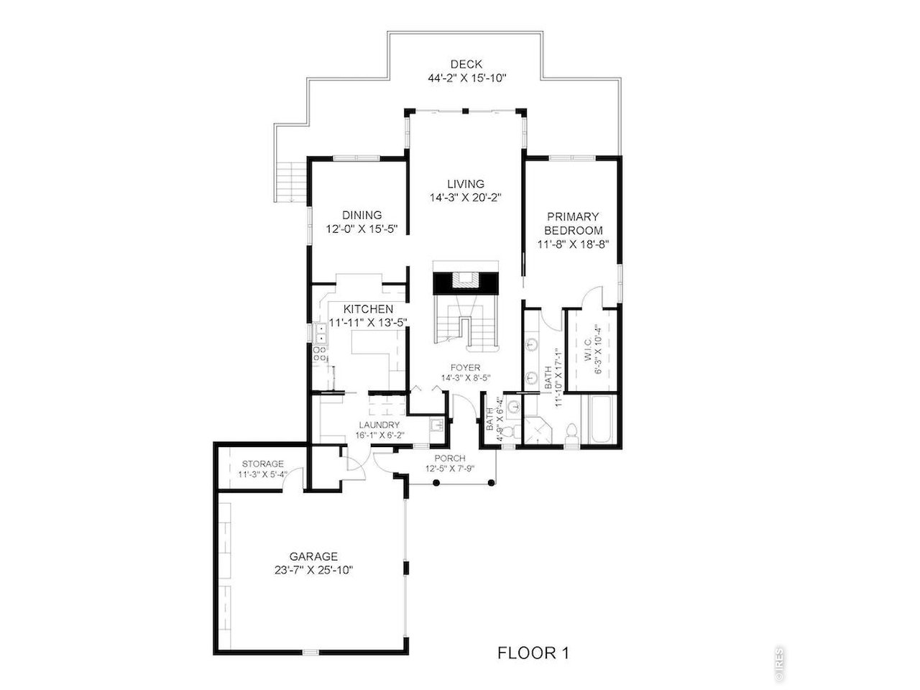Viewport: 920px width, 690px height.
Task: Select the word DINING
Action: (x=362, y=215)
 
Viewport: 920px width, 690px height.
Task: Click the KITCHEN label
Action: (x=368, y=309)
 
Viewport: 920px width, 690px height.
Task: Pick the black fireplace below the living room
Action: (x=465, y=282)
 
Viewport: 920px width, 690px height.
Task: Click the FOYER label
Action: (x=466, y=368)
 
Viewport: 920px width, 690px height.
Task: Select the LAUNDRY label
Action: (x=378, y=425)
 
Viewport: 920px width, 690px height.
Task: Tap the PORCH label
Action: (x=451, y=459)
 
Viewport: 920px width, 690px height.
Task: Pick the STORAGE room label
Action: (x=262, y=464)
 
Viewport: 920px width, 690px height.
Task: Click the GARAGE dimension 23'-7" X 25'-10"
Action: (x=313, y=569)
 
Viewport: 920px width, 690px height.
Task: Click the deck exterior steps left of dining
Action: (x=293, y=183)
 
